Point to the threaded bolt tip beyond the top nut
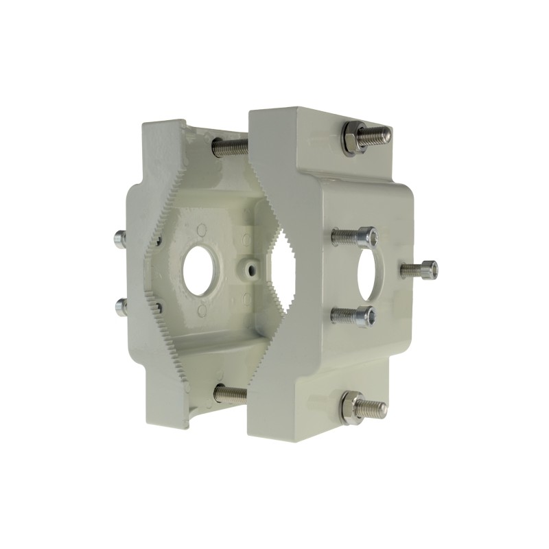pyautogui.click(x=378, y=134)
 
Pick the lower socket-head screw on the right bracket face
pyautogui.click(x=353, y=315)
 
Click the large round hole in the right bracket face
pyautogui.click(x=371, y=272)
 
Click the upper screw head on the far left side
pyautogui.click(x=120, y=238)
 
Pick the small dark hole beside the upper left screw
pyautogui.click(x=158, y=240)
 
